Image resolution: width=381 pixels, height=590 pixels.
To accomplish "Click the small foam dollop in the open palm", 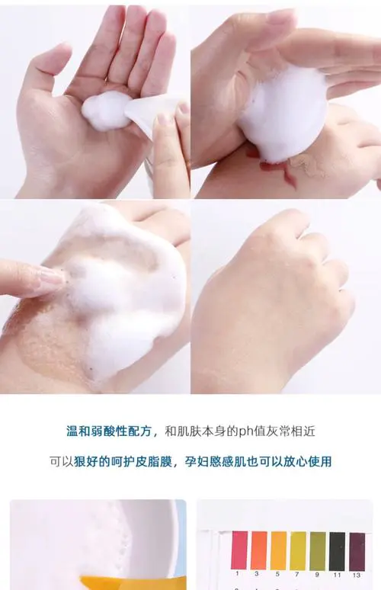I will coord(107,111).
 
